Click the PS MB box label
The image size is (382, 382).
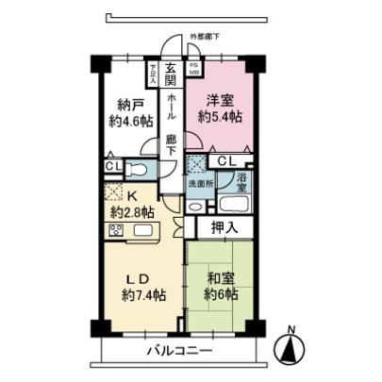point(194,68)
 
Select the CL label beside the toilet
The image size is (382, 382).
point(112,167)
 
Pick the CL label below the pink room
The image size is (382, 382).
point(226,161)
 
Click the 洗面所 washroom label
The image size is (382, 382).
point(198,184)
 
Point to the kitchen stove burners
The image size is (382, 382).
point(117,229)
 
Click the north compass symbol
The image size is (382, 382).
point(291,348)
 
